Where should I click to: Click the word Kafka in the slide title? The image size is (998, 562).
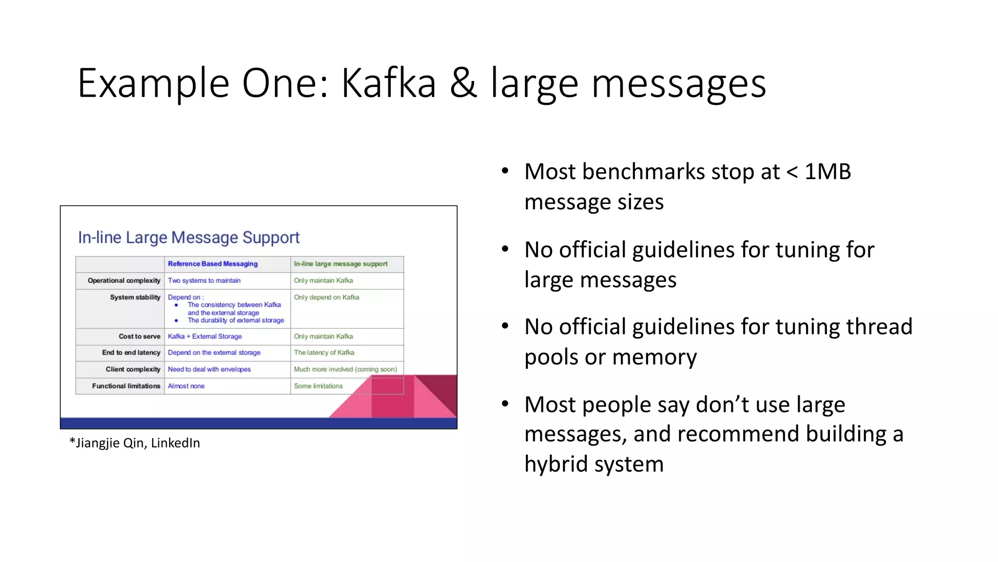(x=388, y=83)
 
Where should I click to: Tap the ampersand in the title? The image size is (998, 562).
(x=463, y=83)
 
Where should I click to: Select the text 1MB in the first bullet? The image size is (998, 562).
(x=827, y=172)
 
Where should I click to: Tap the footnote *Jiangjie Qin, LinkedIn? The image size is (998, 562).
(x=135, y=443)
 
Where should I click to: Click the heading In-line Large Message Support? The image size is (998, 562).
(x=189, y=238)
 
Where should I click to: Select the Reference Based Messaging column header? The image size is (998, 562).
(x=212, y=264)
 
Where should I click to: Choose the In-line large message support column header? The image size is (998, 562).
(x=341, y=264)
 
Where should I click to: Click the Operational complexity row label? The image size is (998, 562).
(x=124, y=281)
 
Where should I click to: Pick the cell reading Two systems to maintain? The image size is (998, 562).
(x=204, y=281)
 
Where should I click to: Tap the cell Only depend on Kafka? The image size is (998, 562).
(x=326, y=297)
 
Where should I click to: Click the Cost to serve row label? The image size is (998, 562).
(x=139, y=337)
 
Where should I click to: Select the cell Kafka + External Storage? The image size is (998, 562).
(x=205, y=337)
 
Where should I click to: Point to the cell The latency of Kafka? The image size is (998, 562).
(x=324, y=353)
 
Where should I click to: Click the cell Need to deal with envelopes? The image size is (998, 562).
(x=209, y=369)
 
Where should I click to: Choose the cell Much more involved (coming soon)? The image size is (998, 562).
(x=345, y=369)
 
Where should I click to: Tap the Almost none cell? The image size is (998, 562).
(x=186, y=386)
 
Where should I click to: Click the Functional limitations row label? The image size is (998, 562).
(x=126, y=386)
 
